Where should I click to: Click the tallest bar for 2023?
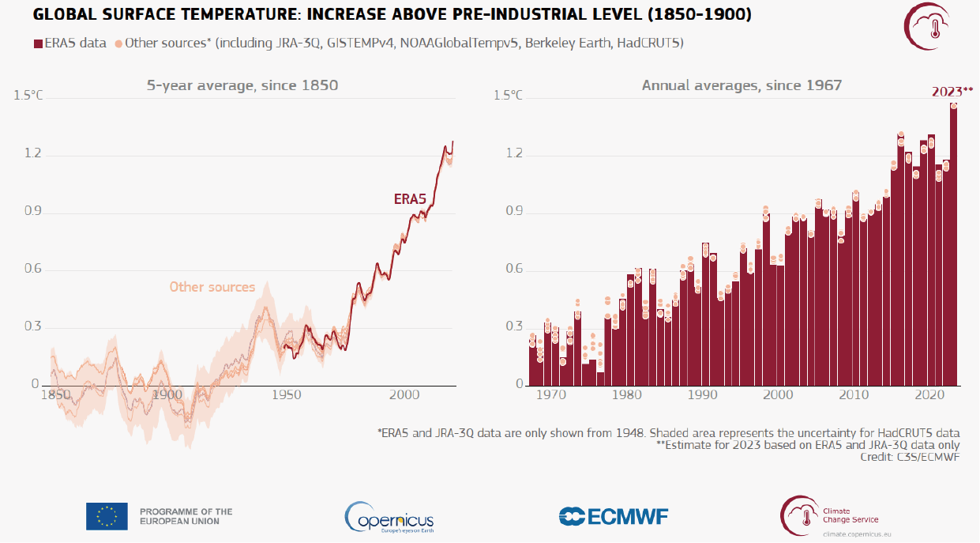click(x=953, y=244)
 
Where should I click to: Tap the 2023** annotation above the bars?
click(x=952, y=92)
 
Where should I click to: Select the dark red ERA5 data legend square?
click(x=38, y=43)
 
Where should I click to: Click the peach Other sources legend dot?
click(x=118, y=43)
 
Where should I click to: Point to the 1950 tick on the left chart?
click(x=287, y=395)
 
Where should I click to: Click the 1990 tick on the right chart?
click(x=703, y=395)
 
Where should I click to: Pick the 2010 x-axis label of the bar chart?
click(x=854, y=395)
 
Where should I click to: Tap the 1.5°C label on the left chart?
click(x=28, y=95)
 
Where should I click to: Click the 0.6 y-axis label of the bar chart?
click(x=514, y=269)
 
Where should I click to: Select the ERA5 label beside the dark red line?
click(x=410, y=199)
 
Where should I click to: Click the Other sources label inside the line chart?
click(x=212, y=287)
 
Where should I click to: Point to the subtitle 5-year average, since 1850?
click(x=242, y=85)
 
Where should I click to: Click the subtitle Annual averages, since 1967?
click(x=742, y=85)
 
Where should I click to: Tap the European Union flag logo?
click(x=107, y=516)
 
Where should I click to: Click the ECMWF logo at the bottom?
click(x=614, y=516)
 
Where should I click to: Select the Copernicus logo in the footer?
click(x=389, y=517)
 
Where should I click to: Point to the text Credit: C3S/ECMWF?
click(x=910, y=457)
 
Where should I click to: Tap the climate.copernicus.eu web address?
click(x=857, y=534)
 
